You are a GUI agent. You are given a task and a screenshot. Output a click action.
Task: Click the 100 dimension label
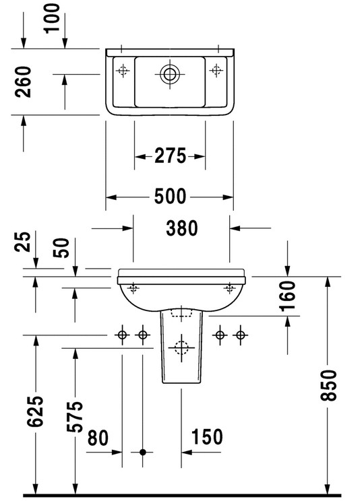[x=53, y=18]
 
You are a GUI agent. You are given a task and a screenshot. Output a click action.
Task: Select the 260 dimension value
[x=24, y=81]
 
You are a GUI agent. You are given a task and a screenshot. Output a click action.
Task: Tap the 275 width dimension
[x=170, y=156]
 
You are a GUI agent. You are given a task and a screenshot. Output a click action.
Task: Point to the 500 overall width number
[x=170, y=196]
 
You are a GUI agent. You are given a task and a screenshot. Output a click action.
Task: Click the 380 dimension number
[x=182, y=228]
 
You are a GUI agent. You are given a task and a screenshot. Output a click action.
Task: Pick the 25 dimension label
[x=23, y=242]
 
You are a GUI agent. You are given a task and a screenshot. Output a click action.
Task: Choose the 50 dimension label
[x=61, y=248]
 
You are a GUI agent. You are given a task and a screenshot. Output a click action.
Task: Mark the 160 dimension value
[x=287, y=296]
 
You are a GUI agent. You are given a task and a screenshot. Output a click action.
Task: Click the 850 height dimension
[x=328, y=385]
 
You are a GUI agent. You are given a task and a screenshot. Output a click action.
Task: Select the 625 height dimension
[x=35, y=411]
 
